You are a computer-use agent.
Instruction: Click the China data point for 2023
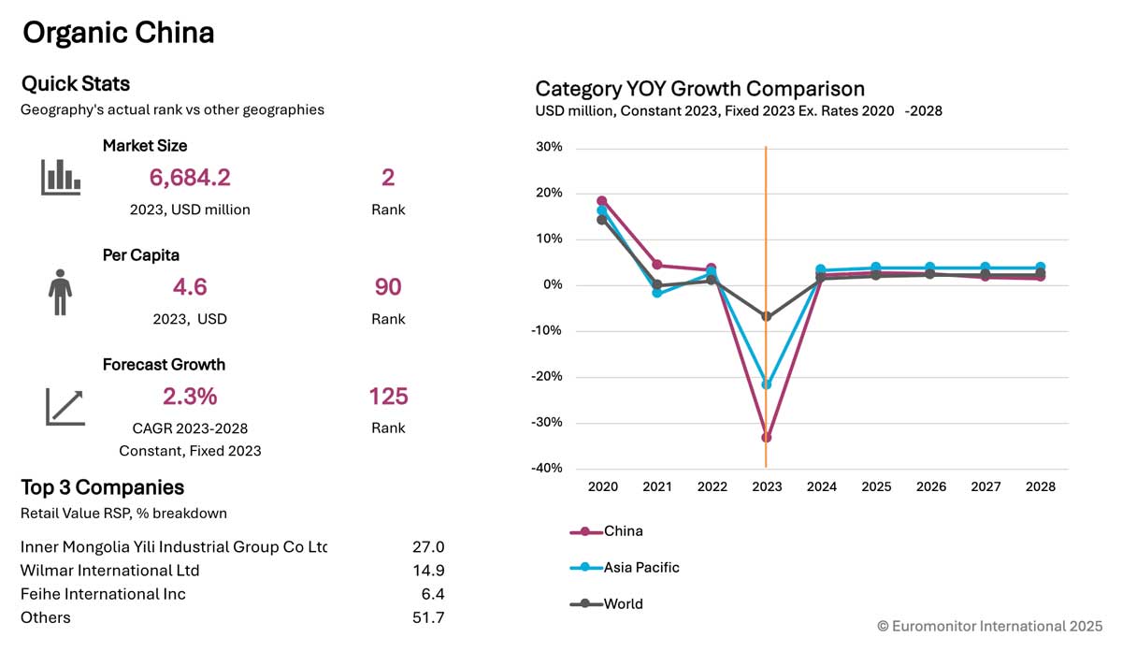(x=767, y=438)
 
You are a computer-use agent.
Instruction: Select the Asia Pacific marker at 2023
(x=767, y=384)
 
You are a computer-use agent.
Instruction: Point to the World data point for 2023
(x=767, y=316)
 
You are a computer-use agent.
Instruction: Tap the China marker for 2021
(x=657, y=265)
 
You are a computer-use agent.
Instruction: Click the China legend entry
(x=606, y=531)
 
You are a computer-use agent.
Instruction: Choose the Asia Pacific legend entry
(x=625, y=568)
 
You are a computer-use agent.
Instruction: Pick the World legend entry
(x=606, y=604)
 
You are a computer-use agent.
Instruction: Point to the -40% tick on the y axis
(x=546, y=468)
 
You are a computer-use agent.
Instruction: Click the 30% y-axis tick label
(x=549, y=147)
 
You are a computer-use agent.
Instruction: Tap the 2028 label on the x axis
(x=1041, y=486)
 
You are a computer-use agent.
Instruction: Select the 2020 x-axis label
(x=602, y=486)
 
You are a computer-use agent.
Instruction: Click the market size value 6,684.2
(x=190, y=178)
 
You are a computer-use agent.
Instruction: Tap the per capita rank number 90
(x=388, y=287)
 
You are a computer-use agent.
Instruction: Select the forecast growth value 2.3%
(x=190, y=397)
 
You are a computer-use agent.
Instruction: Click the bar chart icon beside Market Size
(x=61, y=177)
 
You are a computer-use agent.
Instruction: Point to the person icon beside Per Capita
(x=60, y=292)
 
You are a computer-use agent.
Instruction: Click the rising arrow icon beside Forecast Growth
(x=65, y=407)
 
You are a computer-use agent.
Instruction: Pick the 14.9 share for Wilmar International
(x=428, y=571)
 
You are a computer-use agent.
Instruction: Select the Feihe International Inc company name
(x=103, y=594)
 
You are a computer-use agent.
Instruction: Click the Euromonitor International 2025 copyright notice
(x=990, y=626)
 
